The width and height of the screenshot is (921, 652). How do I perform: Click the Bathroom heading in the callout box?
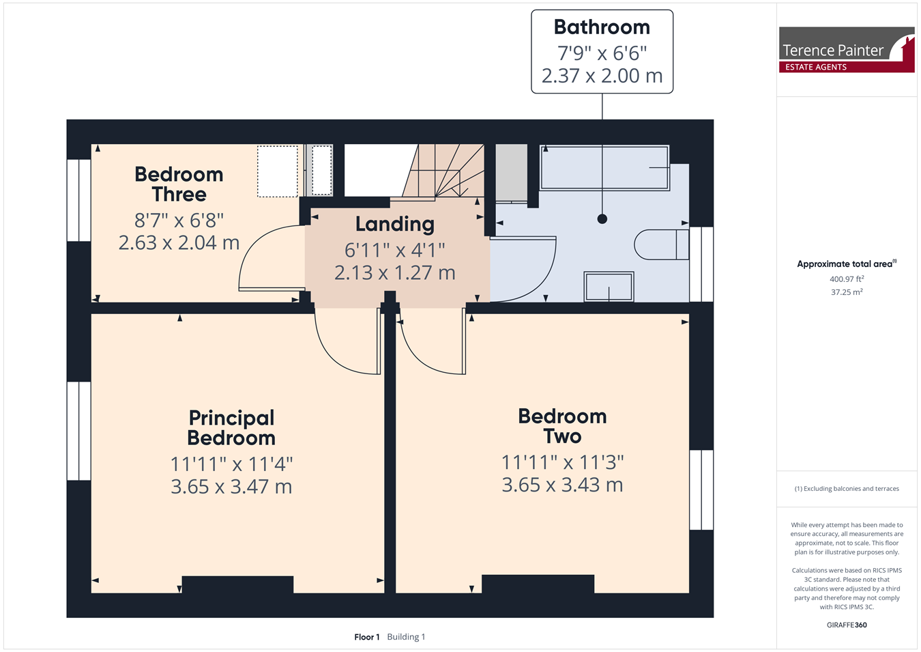(602, 27)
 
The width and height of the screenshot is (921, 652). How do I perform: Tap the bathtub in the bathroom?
(604, 167)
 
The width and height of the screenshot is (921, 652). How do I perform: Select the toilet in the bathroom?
(662, 244)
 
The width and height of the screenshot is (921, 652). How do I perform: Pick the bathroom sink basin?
(609, 286)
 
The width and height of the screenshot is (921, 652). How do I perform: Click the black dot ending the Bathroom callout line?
(602, 219)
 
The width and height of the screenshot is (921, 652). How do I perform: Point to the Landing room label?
(395, 224)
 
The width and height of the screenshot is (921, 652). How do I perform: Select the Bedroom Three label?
(179, 184)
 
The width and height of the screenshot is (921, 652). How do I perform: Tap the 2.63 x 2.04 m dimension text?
(179, 242)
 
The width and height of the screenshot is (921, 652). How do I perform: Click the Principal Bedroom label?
(231, 428)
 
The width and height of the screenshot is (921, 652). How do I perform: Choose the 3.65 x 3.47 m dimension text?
(231, 487)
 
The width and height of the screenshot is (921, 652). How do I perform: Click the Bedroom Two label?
(562, 426)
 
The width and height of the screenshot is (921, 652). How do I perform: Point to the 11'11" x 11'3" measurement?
(562, 462)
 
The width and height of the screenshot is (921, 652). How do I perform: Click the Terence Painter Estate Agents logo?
(847, 50)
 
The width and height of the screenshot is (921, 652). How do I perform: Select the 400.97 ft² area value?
(847, 279)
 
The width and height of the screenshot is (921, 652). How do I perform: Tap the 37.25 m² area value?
(847, 292)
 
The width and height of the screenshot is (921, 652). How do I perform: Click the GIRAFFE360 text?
(847, 625)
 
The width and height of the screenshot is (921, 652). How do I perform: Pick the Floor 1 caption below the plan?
(367, 637)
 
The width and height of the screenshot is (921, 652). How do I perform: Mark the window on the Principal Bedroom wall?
(79, 431)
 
